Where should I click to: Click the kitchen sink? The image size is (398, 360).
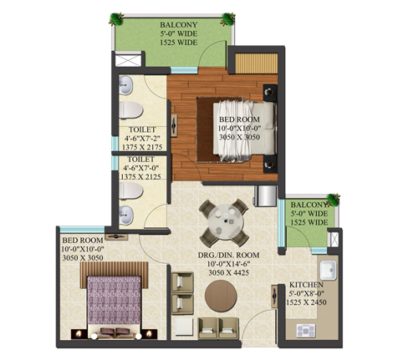(328, 271)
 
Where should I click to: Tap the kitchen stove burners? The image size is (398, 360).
(306, 331)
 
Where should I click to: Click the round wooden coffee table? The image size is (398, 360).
(221, 296)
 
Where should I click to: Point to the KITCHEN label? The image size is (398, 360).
(306, 285)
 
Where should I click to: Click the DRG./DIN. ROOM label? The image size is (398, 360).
(228, 255)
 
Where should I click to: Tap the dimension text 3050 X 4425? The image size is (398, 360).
(228, 273)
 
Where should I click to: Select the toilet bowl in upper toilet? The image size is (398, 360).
(131, 110)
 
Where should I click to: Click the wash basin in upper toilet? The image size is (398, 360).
(125, 85)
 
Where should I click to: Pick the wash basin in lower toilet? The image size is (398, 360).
(126, 215)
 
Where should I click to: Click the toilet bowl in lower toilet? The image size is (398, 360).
(131, 191)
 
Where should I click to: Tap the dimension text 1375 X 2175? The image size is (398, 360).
(142, 147)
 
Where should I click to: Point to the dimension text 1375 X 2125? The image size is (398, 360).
(140, 177)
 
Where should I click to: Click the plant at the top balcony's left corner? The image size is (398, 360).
(116, 19)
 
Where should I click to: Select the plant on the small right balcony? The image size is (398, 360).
(333, 200)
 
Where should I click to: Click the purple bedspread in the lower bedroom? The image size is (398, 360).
(114, 301)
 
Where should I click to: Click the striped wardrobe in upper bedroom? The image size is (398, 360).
(256, 63)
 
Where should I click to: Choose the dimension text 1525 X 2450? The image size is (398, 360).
(306, 302)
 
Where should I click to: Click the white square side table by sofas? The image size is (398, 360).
(182, 328)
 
